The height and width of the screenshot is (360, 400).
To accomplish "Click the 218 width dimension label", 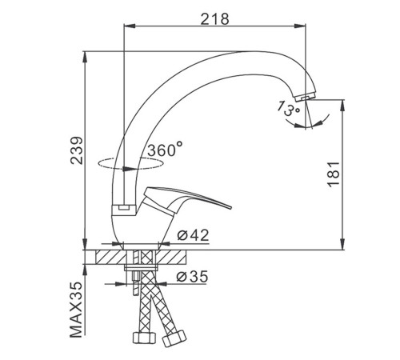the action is click(x=214, y=19).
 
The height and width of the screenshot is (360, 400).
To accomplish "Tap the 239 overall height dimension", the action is click(x=77, y=150).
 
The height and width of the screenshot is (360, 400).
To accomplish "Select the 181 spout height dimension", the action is click(x=334, y=174).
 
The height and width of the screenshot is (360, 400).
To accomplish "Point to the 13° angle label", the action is click(x=288, y=108).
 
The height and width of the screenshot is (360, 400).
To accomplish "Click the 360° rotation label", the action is click(x=165, y=149).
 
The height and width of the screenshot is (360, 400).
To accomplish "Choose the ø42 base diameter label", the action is click(x=193, y=235).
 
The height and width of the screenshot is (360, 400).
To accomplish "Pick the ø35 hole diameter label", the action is click(x=192, y=276).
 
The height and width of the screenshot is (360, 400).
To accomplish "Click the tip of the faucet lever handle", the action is click(x=231, y=207).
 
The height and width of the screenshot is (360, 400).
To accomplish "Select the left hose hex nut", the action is click(x=144, y=338).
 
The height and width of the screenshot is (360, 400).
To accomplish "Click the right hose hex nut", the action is click(x=174, y=338).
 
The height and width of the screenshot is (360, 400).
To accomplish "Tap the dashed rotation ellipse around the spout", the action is click(x=130, y=163).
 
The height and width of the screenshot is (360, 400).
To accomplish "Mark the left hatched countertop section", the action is click(x=111, y=257).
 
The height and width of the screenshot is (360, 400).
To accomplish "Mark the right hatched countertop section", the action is click(x=172, y=257).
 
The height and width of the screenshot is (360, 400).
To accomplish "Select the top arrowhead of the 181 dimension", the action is click(x=342, y=106).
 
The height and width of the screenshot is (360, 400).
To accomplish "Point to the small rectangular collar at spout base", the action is click(x=123, y=208).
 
